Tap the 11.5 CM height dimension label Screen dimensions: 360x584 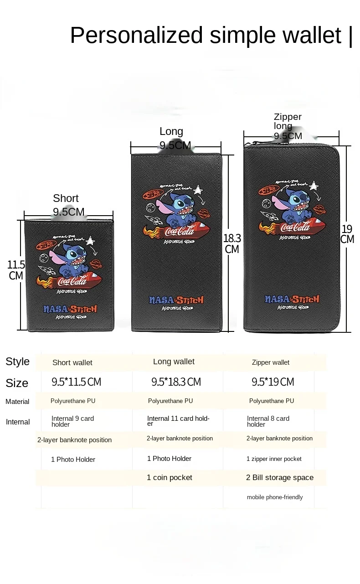point(16,270)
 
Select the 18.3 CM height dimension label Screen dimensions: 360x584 point(232,243)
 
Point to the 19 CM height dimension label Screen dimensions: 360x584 point(347,234)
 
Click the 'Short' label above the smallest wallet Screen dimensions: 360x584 point(66,198)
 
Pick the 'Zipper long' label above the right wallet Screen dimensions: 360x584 point(288,121)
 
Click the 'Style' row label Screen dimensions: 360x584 point(18,362)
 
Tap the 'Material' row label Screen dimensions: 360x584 point(17,402)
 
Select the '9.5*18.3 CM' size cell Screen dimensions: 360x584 point(176,382)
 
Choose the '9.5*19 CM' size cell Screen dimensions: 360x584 point(273,382)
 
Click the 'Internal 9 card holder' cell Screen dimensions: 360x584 point(73,421)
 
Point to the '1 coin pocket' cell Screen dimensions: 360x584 point(170,478)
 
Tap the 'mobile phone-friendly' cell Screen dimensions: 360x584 point(275,497)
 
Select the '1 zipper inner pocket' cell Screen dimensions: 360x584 point(274,459)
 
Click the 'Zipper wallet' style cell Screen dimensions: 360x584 point(271,362)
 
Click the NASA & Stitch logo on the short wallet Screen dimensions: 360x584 point(70,309)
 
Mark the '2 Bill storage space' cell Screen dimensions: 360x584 point(280,478)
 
